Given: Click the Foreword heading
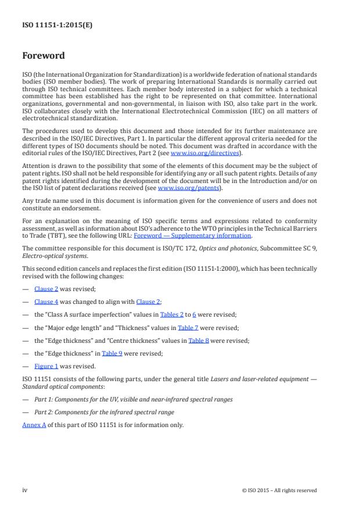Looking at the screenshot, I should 43,56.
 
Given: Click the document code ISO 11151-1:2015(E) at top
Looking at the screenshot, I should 57,25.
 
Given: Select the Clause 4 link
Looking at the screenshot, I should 45,302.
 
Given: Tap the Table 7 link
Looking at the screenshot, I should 188,328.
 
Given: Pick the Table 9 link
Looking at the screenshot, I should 112,353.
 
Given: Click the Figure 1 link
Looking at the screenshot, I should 46,367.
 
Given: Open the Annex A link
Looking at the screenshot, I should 34,425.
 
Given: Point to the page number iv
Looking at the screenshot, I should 25,490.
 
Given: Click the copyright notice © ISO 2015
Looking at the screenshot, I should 279,490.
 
